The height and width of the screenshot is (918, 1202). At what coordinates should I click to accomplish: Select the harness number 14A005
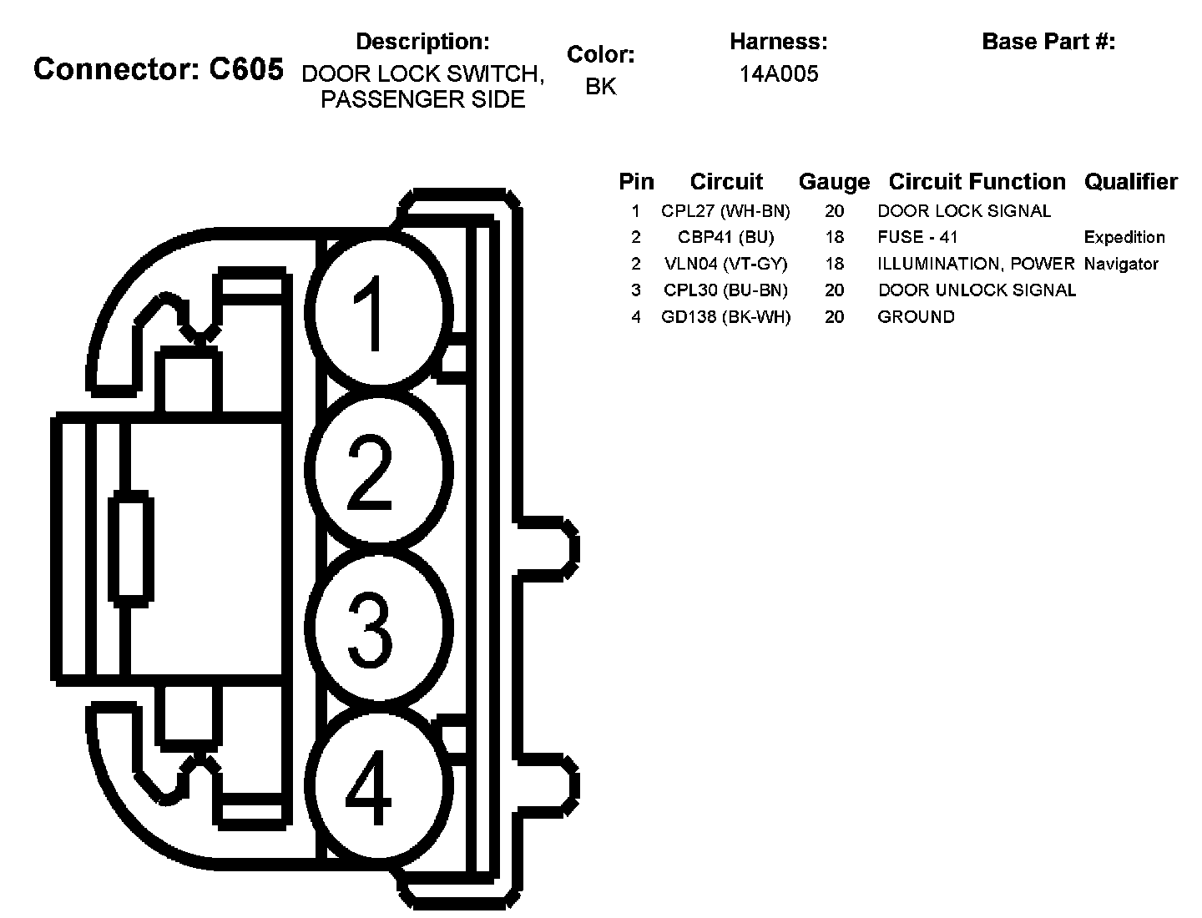tap(778, 74)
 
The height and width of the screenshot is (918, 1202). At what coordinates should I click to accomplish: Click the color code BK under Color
tap(601, 86)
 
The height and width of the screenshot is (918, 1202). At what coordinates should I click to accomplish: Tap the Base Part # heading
tap(1048, 41)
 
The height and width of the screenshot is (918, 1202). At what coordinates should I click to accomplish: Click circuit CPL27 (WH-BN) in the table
tap(725, 211)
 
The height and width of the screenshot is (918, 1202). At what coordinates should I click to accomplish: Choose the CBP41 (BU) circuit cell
tap(725, 237)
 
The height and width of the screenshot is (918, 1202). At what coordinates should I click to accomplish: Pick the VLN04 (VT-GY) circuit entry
tap(725, 264)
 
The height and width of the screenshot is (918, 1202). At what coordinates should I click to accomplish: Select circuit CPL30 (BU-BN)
tap(725, 290)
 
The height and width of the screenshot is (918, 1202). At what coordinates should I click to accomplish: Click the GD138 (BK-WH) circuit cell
tap(725, 317)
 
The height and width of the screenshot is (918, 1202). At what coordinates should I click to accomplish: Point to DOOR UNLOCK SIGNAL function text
tap(977, 290)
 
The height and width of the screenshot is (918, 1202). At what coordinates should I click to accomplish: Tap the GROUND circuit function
tap(916, 317)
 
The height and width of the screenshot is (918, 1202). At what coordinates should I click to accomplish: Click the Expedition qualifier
tap(1124, 237)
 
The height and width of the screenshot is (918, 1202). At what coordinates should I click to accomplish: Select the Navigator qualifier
tap(1121, 264)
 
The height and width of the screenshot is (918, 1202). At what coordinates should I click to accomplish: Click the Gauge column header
tap(834, 182)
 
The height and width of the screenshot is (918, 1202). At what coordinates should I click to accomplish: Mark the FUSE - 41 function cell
tap(917, 237)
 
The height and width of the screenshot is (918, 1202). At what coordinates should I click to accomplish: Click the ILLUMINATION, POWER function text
tap(975, 264)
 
